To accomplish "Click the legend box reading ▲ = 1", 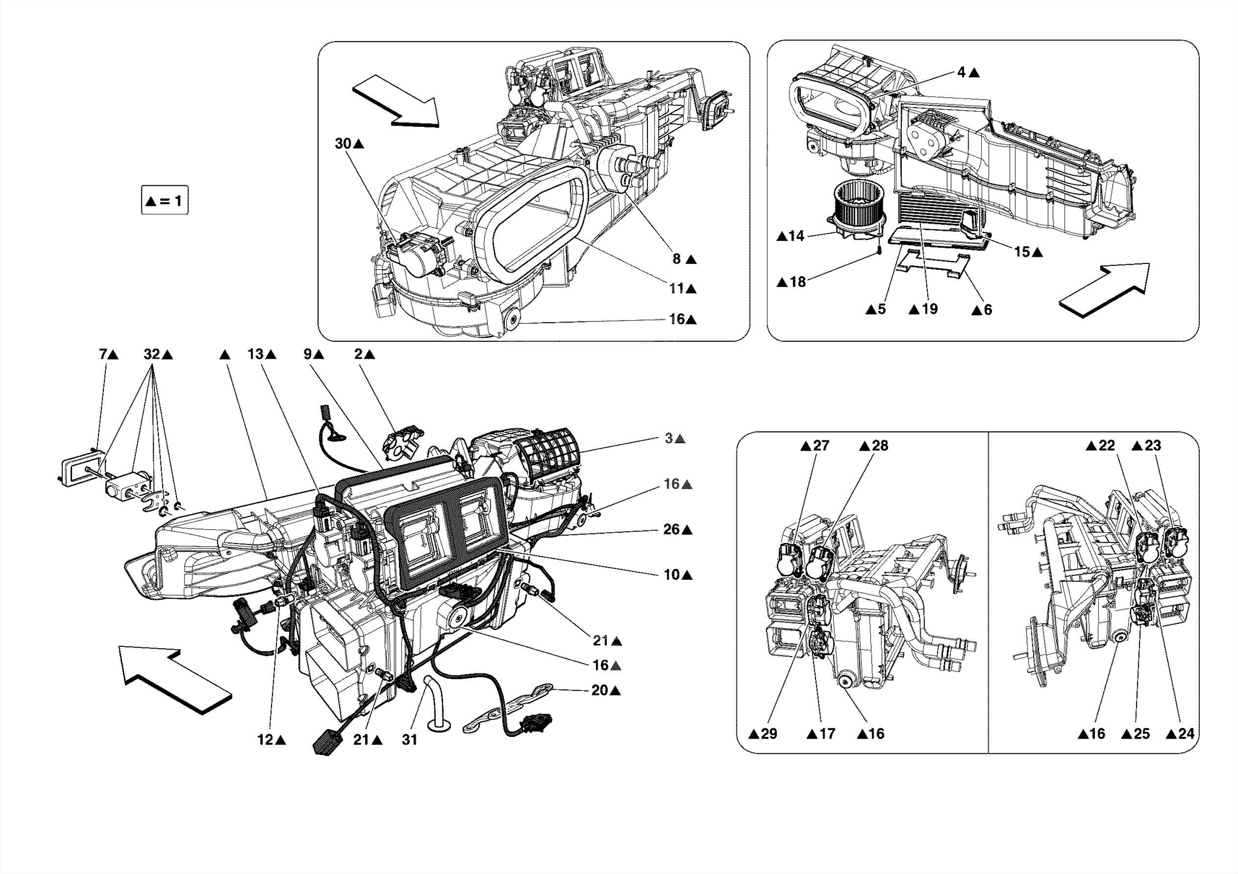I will [x=164, y=201].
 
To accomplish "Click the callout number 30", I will [x=343, y=144].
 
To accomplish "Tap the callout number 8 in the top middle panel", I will [x=677, y=259].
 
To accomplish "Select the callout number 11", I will [x=676, y=289].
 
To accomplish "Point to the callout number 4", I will [x=961, y=72].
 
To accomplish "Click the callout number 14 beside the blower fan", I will [x=797, y=236].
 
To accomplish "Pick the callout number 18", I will [x=798, y=282].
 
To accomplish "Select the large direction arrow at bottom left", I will [x=175, y=680].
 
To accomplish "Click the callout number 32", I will [x=152, y=355].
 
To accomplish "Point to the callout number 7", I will [x=103, y=355].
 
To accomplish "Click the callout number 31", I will [x=410, y=740].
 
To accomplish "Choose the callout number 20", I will [x=600, y=690].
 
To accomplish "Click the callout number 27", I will [x=821, y=446].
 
